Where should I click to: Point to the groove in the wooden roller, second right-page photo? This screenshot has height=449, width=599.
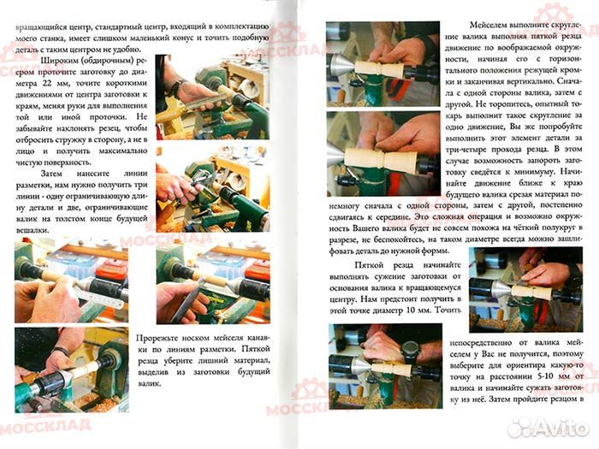tap(382, 159)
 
